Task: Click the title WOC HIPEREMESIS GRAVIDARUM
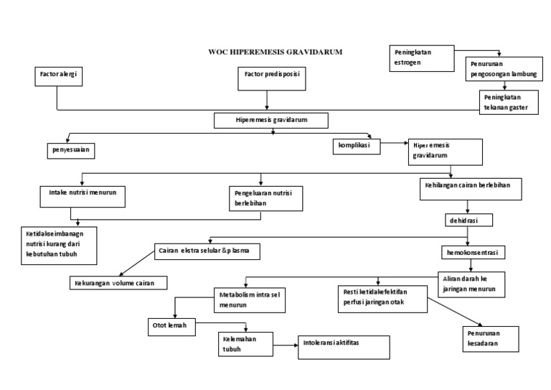[275, 52]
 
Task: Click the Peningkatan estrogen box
[423, 58]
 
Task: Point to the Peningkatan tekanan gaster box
[507, 101]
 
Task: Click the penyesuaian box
[70, 150]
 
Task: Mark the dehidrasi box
[467, 218]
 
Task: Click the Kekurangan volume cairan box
[119, 282]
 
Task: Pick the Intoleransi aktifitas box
[344, 346]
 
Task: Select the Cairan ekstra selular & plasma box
[207, 251]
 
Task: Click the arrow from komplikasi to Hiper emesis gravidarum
[392, 144]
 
